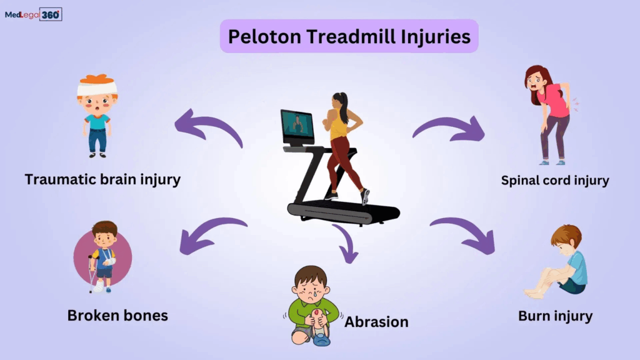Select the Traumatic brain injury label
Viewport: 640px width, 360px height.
(102, 180)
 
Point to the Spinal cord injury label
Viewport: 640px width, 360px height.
(555, 181)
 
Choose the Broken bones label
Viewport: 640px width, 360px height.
(117, 315)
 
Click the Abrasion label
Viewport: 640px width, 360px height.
(376, 322)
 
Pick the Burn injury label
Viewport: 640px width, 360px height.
(556, 316)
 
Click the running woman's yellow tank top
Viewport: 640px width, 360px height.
(339, 127)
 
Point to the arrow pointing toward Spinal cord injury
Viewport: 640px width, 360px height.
(450, 127)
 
